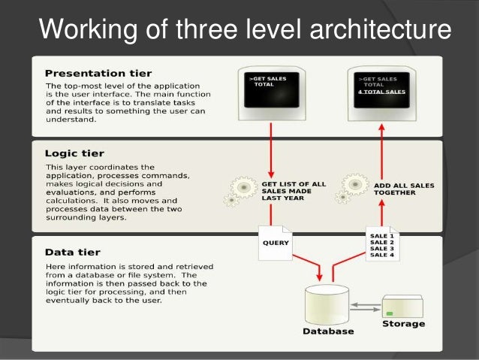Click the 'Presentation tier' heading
[x=98, y=73]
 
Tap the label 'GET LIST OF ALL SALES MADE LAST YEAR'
[x=293, y=191]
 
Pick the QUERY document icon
[x=275, y=242]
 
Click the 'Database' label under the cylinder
[x=328, y=331]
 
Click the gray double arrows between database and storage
[x=365, y=305]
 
